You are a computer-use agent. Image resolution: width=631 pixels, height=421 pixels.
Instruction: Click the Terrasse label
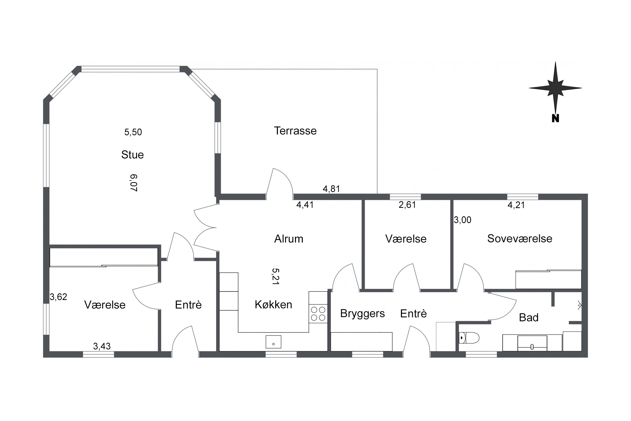pos(295,131)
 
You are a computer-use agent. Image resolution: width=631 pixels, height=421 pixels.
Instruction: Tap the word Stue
pos(132,155)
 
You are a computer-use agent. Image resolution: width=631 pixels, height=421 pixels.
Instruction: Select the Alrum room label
pos(289,239)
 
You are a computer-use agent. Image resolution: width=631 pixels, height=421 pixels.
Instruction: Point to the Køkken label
pos(273,304)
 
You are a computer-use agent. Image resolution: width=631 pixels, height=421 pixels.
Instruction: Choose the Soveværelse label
pos(519,238)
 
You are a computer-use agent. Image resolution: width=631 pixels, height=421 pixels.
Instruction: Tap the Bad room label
pos(528,318)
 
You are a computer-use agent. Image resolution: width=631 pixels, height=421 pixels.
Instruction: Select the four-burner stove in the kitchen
pos(318,314)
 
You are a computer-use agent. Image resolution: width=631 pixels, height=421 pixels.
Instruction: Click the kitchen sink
pos(273,342)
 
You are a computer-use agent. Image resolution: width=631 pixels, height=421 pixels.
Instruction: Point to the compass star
pos(555,88)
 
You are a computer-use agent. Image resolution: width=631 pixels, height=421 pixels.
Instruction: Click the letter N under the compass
pos(555,118)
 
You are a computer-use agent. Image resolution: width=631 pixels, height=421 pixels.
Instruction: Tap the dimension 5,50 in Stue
pos(133,132)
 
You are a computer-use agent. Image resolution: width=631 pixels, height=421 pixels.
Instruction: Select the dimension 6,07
pos(133,183)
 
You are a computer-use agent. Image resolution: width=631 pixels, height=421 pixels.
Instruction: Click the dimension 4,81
pos(331,189)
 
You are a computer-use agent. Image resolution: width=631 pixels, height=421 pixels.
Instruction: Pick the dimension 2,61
pos(407,205)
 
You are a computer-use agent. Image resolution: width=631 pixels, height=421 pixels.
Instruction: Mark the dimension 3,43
pos(102,346)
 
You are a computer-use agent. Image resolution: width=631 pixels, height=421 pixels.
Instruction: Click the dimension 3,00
pos(462,220)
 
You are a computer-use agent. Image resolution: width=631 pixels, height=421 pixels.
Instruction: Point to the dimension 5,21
pos(275,277)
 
